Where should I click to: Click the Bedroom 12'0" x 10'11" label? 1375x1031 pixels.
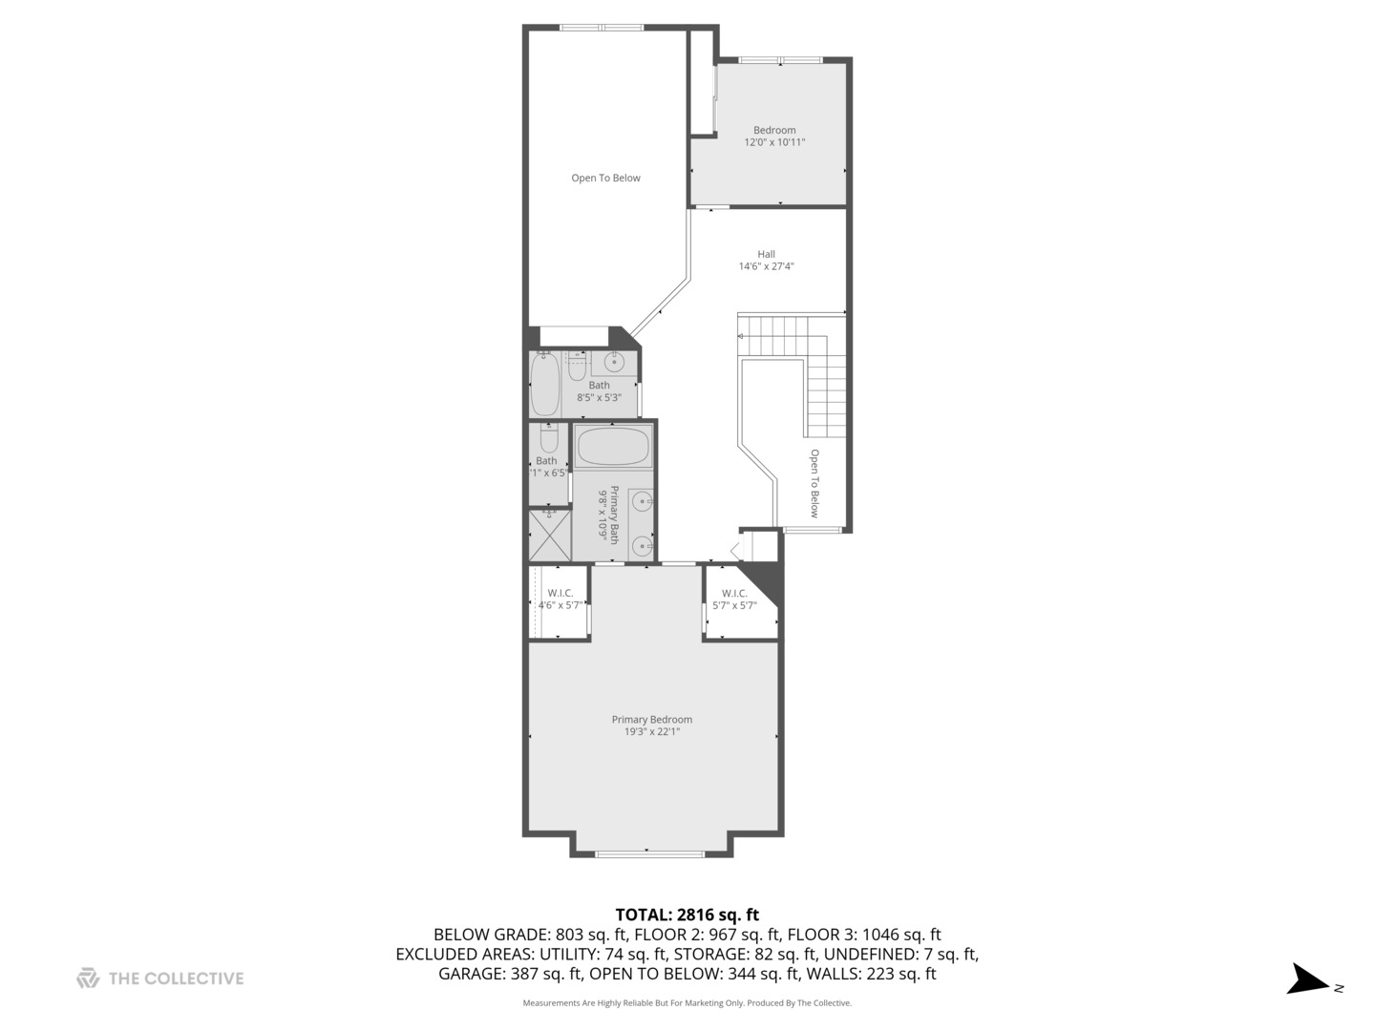coord(774,137)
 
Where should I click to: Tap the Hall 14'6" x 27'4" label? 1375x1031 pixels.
coord(766,261)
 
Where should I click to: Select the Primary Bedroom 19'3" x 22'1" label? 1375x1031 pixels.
coord(652,726)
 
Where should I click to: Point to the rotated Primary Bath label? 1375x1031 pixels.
coord(609,515)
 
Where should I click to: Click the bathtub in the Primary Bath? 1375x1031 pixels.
coord(613,447)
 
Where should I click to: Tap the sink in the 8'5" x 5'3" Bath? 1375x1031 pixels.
coord(614,363)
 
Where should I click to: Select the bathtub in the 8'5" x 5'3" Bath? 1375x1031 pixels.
coord(545,385)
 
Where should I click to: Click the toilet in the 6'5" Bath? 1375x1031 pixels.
coord(548,439)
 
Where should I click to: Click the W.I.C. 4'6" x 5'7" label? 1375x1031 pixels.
coord(561,599)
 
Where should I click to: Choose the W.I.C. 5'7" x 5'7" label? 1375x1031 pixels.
coord(734,599)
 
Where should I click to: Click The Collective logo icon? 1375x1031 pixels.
coord(88,978)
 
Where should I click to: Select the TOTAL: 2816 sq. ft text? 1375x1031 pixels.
coord(687,915)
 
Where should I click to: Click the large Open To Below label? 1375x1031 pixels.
coord(605,178)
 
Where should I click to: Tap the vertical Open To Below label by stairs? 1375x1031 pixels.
coord(814,482)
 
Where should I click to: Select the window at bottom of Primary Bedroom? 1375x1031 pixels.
coord(649,852)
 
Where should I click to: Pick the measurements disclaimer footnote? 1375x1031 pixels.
coord(687,1003)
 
